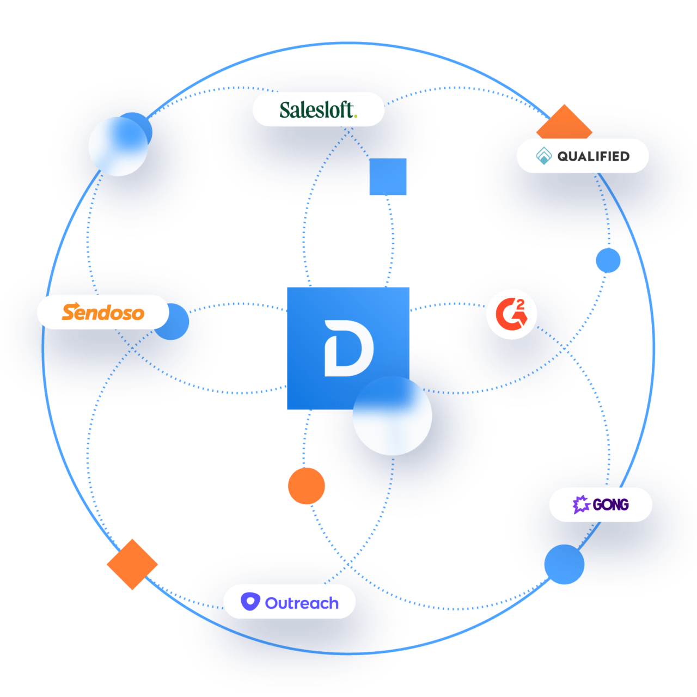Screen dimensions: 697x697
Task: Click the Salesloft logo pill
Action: click(x=318, y=109)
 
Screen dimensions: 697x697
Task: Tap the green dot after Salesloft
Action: click(x=356, y=115)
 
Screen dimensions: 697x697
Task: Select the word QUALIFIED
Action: click(x=593, y=156)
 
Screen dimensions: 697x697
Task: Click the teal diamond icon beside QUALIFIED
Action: click(x=543, y=156)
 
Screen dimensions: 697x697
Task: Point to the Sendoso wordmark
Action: click(x=103, y=312)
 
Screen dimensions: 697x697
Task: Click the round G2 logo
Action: click(x=511, y=314)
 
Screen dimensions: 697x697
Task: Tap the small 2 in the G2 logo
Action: click(x=520, y=304)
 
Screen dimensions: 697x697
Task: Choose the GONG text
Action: click(x=610, y=505)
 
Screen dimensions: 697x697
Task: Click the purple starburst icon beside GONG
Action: click(x=581, y=504)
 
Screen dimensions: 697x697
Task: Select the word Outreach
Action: click(x=302, y=603)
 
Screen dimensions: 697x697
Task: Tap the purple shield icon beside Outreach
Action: click(x=250, y=602)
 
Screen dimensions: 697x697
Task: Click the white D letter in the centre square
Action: click(x=348, y=348)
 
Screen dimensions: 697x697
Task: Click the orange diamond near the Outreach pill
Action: click(x=132, y=564)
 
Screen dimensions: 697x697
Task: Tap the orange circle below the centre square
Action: click(x=307, y=486)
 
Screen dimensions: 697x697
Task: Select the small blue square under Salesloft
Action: click(x=388, y=176)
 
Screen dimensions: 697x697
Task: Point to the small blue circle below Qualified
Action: click(x=608, y=260)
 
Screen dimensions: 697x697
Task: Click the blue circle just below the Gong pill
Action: click(x=564, y=565)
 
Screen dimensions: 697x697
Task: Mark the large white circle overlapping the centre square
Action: click(x=392, y=416)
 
